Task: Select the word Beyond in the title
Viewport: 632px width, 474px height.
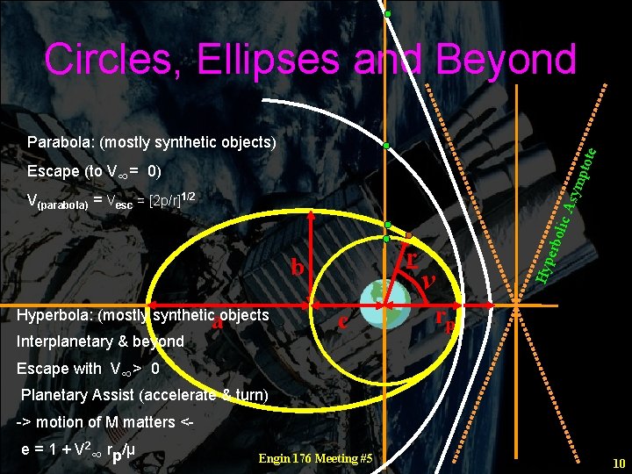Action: [x=503, y=60]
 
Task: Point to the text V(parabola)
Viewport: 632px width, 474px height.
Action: [x=58, y=200]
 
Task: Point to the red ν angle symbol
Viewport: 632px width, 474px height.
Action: [x=428, y=280]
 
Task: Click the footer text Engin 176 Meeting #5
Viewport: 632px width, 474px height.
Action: [x=315, y=458]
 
